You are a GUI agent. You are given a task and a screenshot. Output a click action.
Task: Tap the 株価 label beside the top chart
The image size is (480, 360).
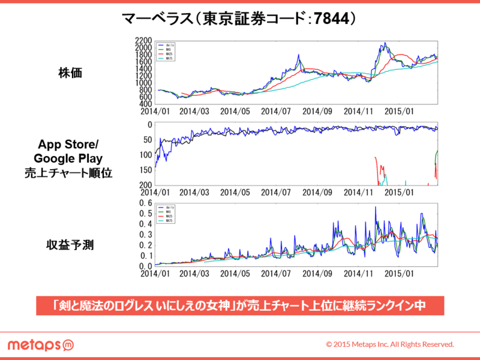[x=70, y=74]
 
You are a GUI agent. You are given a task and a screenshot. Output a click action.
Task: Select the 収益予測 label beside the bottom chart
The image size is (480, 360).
[x=70, y=245]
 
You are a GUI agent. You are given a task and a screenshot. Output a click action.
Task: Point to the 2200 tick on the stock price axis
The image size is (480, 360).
[x=143, y=40]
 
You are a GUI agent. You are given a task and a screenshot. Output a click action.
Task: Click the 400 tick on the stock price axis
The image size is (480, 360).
[x=145, y=104]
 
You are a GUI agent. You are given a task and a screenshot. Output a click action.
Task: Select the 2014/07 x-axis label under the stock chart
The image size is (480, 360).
[x=277, y=111]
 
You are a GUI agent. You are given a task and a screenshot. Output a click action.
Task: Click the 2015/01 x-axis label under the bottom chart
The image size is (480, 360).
[x=399, y=273]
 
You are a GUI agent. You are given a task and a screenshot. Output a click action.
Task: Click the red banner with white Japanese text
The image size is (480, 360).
[x=240, y=305]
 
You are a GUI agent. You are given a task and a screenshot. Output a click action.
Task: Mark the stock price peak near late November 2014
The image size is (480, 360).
[x=385, y=43]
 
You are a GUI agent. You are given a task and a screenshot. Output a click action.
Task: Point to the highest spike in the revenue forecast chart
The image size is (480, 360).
[x=376, y=207]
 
